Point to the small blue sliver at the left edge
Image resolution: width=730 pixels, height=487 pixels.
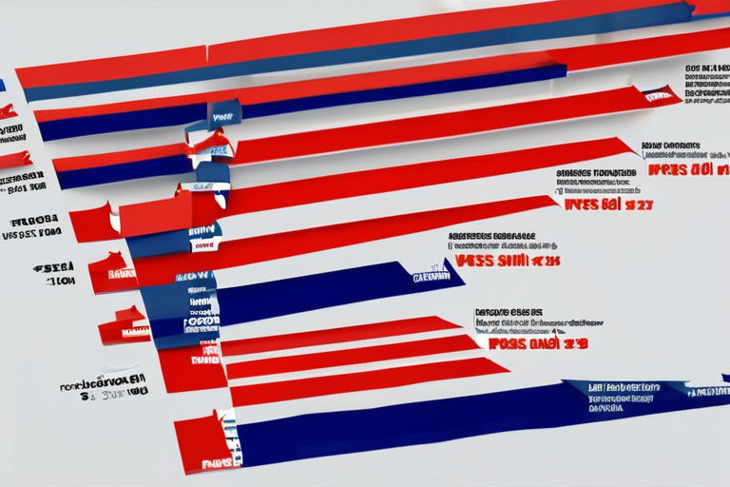[2, 85]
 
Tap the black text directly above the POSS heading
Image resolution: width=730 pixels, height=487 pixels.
[509, 318]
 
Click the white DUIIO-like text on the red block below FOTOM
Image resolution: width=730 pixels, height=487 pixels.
[203, 360]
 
